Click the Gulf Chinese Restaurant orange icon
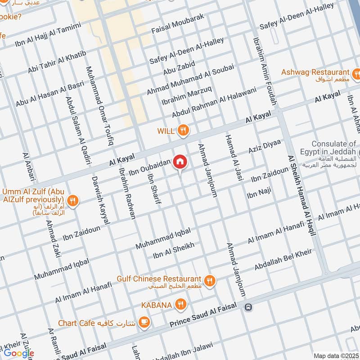(209, 281)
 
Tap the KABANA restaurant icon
(180, 305)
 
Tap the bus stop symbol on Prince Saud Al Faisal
(247, 307)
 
